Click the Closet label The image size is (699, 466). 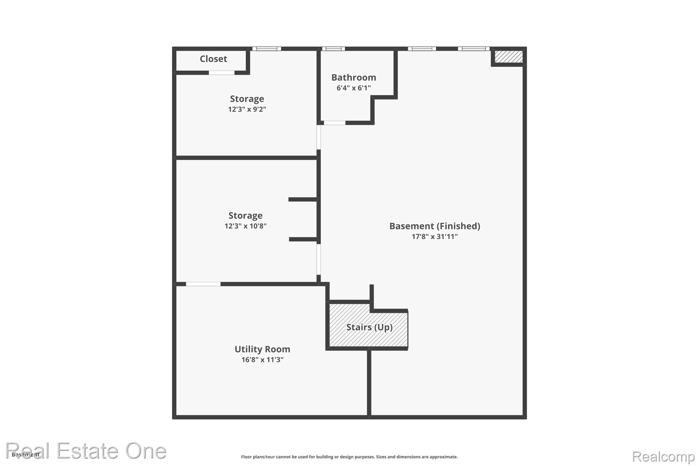coord(213,59)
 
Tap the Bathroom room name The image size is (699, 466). coord(354,77)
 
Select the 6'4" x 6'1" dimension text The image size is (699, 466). coord(354,88)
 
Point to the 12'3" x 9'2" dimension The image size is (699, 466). coord(247,109)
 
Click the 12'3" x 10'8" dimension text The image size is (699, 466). coord(245,226)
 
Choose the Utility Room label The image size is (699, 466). coord(262,349)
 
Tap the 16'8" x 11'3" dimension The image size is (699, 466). coord(262,360)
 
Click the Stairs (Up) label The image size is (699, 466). coord(369,327)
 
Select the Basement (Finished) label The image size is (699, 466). coord(435,226)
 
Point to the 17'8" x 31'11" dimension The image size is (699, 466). coord(435,237)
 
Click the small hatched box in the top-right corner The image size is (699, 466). coord(509,57)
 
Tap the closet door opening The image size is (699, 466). coord(222,73)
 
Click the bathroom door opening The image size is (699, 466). coord(334,123)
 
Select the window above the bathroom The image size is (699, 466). coord(333,49)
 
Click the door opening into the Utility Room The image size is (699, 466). coord(203,284)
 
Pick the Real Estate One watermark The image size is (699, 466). coord(86,451)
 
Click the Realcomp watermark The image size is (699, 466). coord(663,456)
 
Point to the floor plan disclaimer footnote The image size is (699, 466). coord(349,457)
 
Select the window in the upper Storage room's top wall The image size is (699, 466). coord(267,49)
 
